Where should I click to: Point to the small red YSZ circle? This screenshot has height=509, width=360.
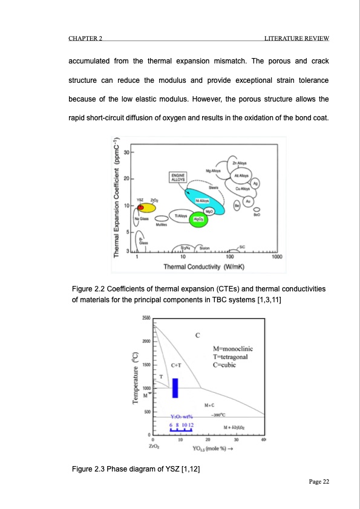pyautogui.click(x=140, y=207)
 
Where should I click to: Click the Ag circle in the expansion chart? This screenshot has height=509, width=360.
pyautogui.click(x=256, y=184)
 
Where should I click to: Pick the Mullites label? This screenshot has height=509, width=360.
pyautogui.click(x=160, y=224)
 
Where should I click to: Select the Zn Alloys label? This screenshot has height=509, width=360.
pyautogui.click(x=238, y=164)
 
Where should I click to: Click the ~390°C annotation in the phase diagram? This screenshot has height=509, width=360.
pyautogui.click(x=218, y=416)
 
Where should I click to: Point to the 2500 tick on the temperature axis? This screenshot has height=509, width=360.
pyautogui.click(x=146, y=318)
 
